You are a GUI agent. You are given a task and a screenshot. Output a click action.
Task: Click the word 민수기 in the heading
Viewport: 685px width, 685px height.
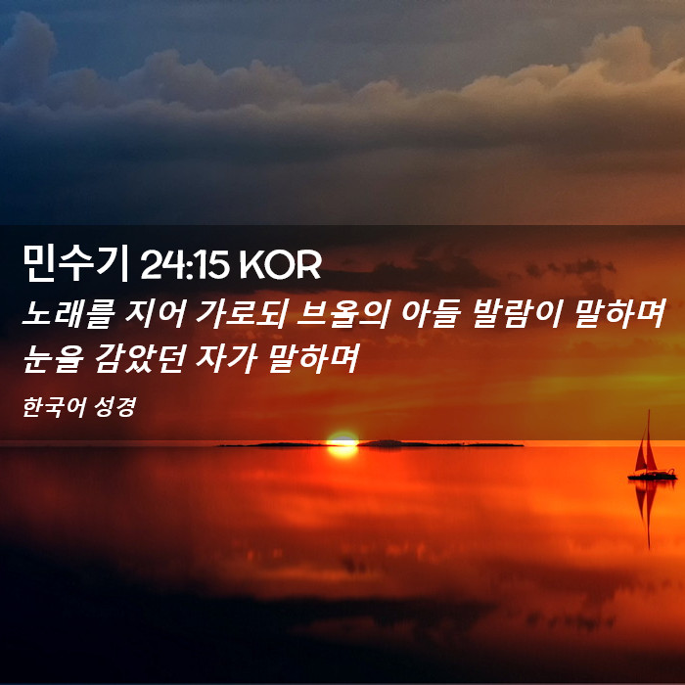[x=75, y=263]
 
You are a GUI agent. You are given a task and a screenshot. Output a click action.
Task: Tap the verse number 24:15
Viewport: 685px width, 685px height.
[x=184, y=265]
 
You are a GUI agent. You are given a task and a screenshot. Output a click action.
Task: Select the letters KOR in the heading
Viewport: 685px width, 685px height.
[x=281, y=265]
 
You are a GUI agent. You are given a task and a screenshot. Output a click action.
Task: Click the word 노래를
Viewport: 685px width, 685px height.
[x=68, y=313]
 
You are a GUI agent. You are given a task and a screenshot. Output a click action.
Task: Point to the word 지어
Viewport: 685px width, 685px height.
[x=156, y=313]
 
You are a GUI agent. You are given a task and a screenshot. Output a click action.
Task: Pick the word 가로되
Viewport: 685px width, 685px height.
[x=241, y=313]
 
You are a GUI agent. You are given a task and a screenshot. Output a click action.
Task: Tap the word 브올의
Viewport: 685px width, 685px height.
[x=342, y=313]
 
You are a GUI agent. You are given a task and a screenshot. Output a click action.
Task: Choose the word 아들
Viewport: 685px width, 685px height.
[x=429, y=313]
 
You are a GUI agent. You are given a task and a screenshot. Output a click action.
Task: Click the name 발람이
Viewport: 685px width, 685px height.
[x=516, y=313]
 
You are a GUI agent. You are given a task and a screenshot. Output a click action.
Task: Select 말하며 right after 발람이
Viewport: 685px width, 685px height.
[x=619, y=313]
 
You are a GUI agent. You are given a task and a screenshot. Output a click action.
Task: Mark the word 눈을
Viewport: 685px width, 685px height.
[x=53, y=358]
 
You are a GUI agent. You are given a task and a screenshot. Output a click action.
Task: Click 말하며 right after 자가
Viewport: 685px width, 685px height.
[x=313, y=358]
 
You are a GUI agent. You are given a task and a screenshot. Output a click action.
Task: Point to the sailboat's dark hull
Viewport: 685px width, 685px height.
[x=653, y=475]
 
